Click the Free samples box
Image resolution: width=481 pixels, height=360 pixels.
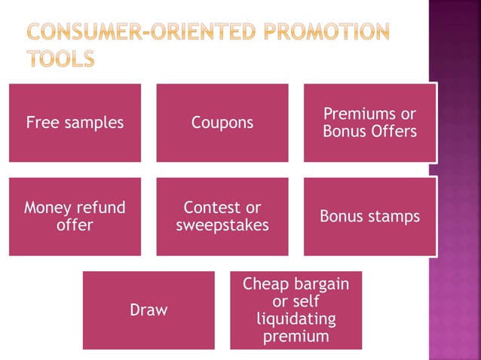pos(75,123)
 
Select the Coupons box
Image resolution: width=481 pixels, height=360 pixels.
pos(222,123)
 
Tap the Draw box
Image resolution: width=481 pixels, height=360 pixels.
pos(149,310)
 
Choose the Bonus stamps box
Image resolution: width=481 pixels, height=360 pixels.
pos(369,216)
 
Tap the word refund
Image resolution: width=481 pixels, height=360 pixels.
pos(103,207)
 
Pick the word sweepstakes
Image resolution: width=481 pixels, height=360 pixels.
pos(222,225)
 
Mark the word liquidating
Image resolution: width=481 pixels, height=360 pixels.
pos(296,319)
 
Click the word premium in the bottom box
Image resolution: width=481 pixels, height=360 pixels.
pos(296,337)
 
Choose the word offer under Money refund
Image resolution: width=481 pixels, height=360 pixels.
pos(75,225)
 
